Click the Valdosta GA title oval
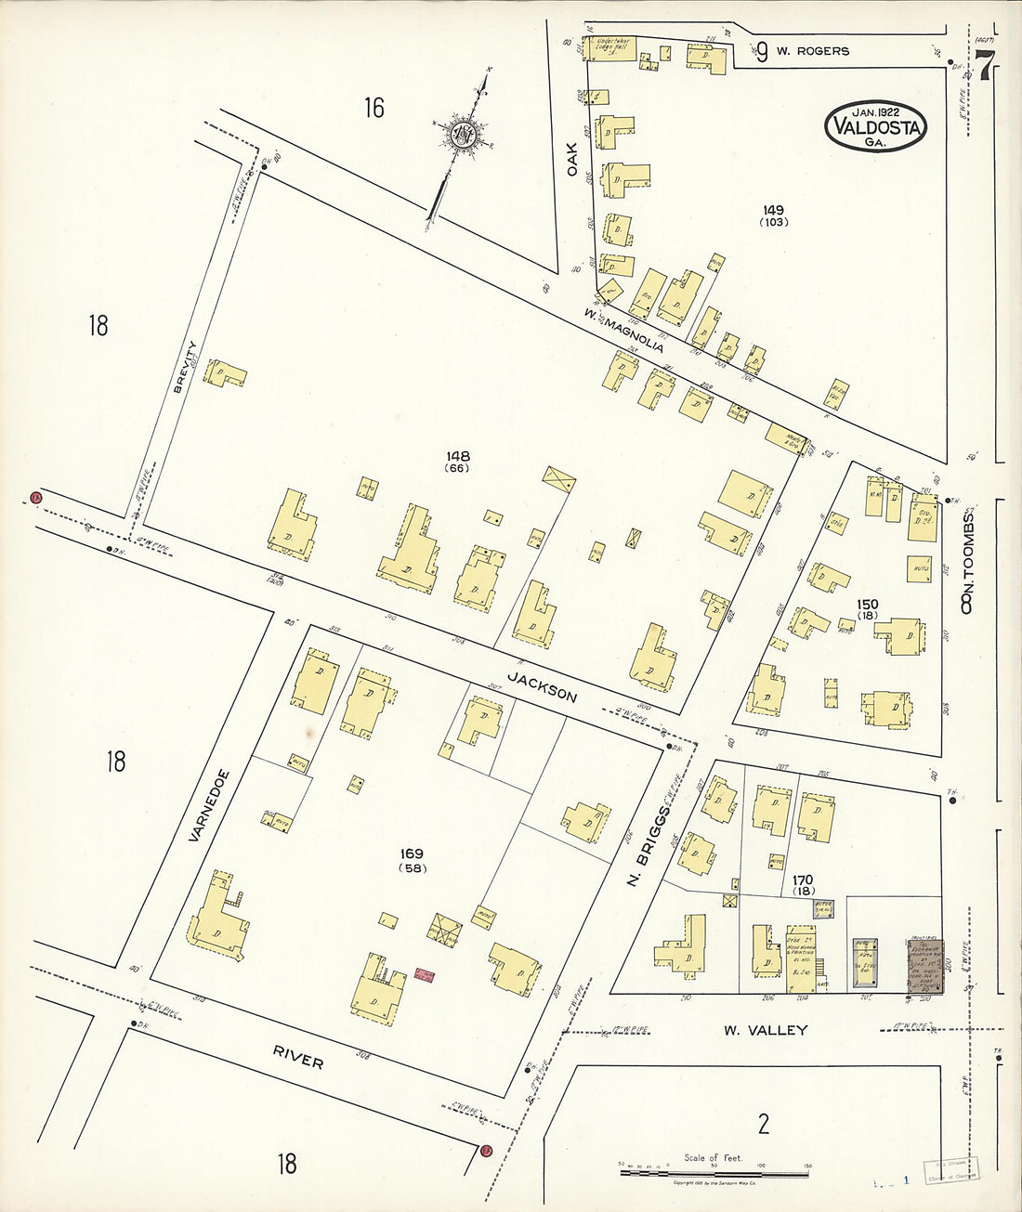875,127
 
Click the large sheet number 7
985,65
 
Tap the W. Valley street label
765,1029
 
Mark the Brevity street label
185,367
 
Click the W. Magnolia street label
624,330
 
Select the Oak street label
572,158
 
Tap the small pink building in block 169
424,975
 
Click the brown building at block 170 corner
924,967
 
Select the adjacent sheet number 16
373,109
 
